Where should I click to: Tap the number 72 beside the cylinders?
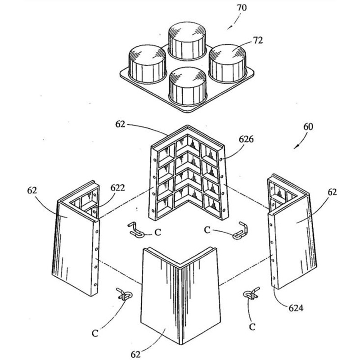[257, 40]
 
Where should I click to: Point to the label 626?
[247, 139]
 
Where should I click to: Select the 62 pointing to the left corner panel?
[32, 190]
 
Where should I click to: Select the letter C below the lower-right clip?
[252, 325]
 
